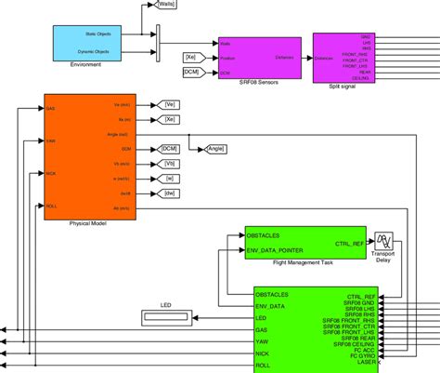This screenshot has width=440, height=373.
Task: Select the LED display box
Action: [165, 318]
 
